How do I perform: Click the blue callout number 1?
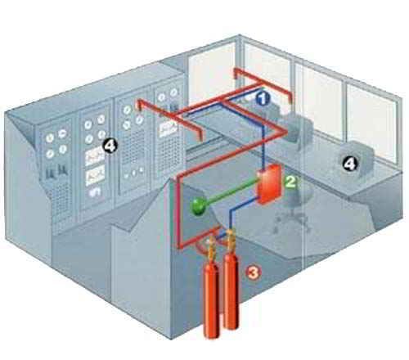click(x=263, y=99)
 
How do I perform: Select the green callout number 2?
click(x=291, y=182)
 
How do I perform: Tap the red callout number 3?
click(x=254, y=272)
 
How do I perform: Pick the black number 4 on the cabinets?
click(x=110, y=146)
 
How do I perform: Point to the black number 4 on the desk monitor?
click(x=349, y=164)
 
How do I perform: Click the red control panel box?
click(x=270, y=185)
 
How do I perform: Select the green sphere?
click(x=199, y=206)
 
